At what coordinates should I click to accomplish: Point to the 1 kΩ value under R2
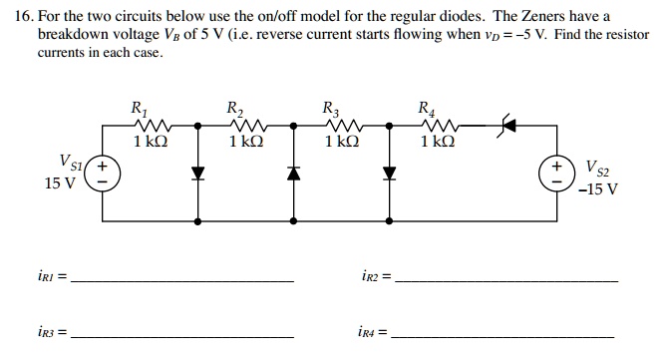point(245,144)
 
